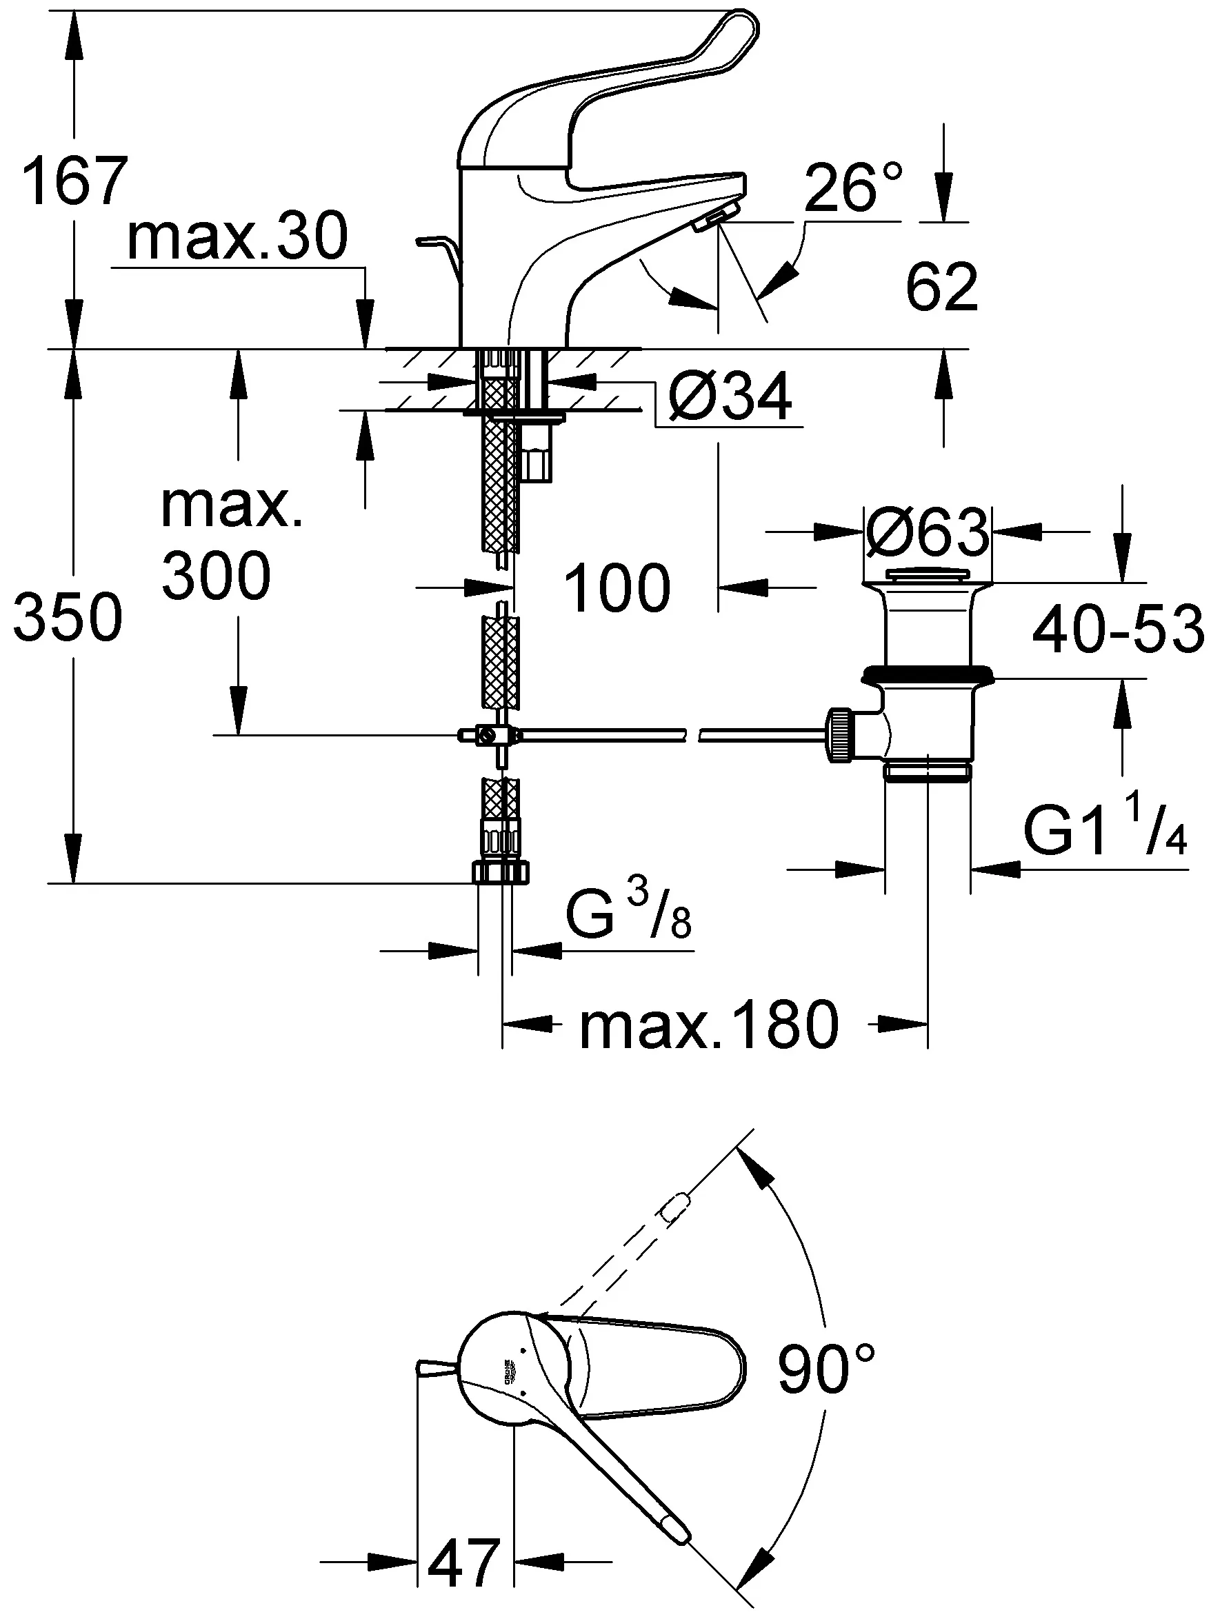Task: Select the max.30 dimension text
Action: coord(237,236)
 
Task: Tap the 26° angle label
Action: coord(854,187)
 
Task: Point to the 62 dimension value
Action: coord(941,287)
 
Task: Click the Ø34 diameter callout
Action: coord(730,396)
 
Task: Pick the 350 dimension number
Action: coord(68,617)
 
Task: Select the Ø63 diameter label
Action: coord(927,532)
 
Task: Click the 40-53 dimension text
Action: coord(1118,628)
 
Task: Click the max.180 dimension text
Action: coord(709,1025)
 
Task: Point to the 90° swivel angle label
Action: coord(826,1369)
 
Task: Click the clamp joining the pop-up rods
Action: coord(487,735)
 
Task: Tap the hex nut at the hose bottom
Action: coord(501,871)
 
